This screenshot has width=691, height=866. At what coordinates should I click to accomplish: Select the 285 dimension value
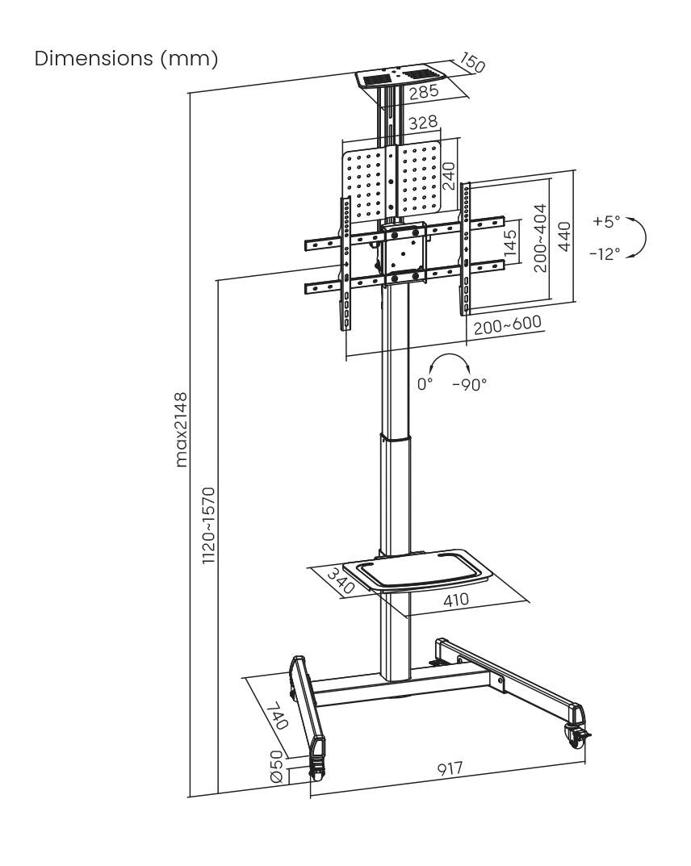click(424, 91)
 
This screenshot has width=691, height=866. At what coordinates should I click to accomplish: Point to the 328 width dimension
click(422, 122)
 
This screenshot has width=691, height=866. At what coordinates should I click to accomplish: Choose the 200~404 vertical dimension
click(540, 238)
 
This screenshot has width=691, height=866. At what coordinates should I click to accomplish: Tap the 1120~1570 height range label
click(208, 525)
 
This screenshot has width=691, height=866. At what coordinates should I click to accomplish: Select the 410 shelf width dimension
click(453, 600)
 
